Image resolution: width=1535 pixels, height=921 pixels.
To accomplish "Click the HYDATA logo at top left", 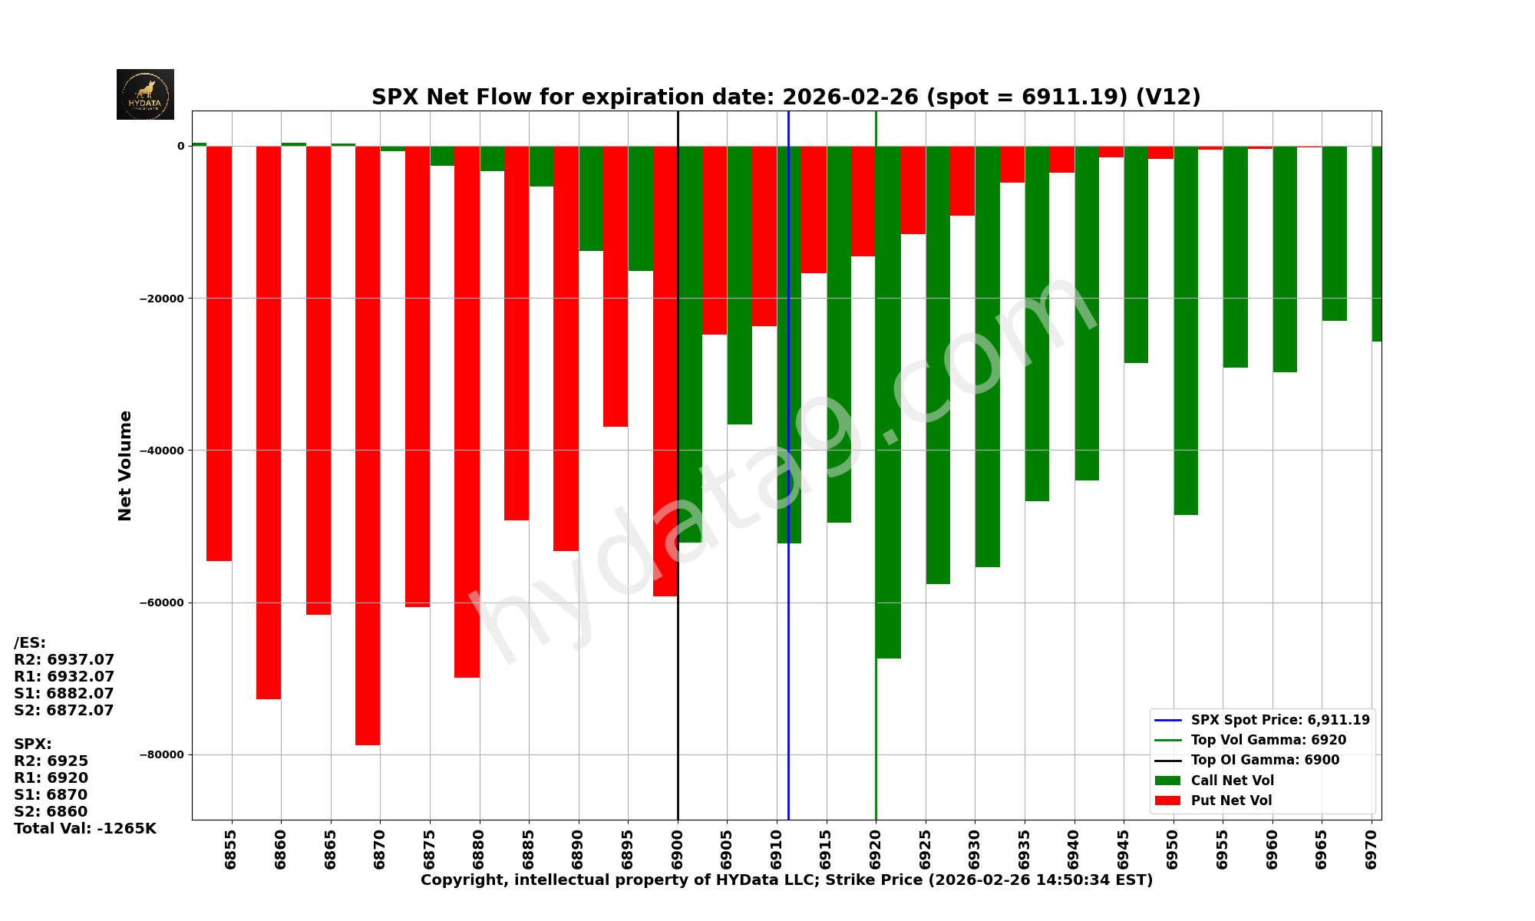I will (x=145, y=94).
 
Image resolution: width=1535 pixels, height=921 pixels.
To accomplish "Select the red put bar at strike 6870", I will (x=368, y=445).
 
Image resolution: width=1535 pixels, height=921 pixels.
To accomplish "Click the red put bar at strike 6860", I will (x=269, y=422).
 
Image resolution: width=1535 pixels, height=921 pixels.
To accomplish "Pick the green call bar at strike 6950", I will (x=1186, y=330).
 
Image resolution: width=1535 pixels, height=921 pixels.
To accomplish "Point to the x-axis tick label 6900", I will (x=678, y=849).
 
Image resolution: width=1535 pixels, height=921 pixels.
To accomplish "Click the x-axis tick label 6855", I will (x=231, y=849).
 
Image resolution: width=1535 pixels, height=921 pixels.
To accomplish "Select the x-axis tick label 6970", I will (x=1372, y=849).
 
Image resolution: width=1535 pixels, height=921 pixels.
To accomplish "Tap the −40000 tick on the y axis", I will (x=162, y=451).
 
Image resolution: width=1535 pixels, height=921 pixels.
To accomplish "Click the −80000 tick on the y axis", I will (x=162, y=754).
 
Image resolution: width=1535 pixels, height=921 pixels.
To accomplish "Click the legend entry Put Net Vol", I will (x=1231, y=801).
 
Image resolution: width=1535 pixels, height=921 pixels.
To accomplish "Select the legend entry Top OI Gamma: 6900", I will (x=1265, y=760).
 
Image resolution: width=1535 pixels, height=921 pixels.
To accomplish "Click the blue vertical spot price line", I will (x=788, y=652).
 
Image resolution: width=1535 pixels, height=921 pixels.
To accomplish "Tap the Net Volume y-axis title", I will (x=125, y=466).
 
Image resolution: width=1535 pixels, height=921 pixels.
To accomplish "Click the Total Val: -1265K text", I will (x=85, y=828).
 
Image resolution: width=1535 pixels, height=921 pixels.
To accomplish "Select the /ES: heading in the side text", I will (x=30, y=642).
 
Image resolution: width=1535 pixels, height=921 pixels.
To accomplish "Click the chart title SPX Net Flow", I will (x=786, y=97).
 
